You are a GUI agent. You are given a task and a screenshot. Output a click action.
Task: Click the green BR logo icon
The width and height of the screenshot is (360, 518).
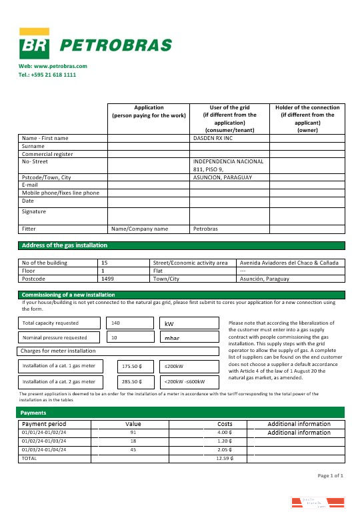[34, 45]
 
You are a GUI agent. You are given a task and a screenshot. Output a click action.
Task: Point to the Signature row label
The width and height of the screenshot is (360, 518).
[34, 212]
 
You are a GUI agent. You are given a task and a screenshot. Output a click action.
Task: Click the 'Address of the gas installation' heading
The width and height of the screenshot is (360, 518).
[64, 245]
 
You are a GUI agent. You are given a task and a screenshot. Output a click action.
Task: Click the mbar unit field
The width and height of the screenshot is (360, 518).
[189, 338]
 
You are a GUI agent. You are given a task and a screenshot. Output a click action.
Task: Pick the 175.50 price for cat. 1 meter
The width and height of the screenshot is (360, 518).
[134, 366]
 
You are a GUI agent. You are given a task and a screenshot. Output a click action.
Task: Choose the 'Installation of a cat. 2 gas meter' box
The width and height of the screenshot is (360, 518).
[59, 382]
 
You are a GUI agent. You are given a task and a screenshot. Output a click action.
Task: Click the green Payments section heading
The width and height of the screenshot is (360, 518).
[33, 413]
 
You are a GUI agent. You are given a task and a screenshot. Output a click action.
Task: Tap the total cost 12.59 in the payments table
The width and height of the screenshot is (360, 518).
[224, 459]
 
